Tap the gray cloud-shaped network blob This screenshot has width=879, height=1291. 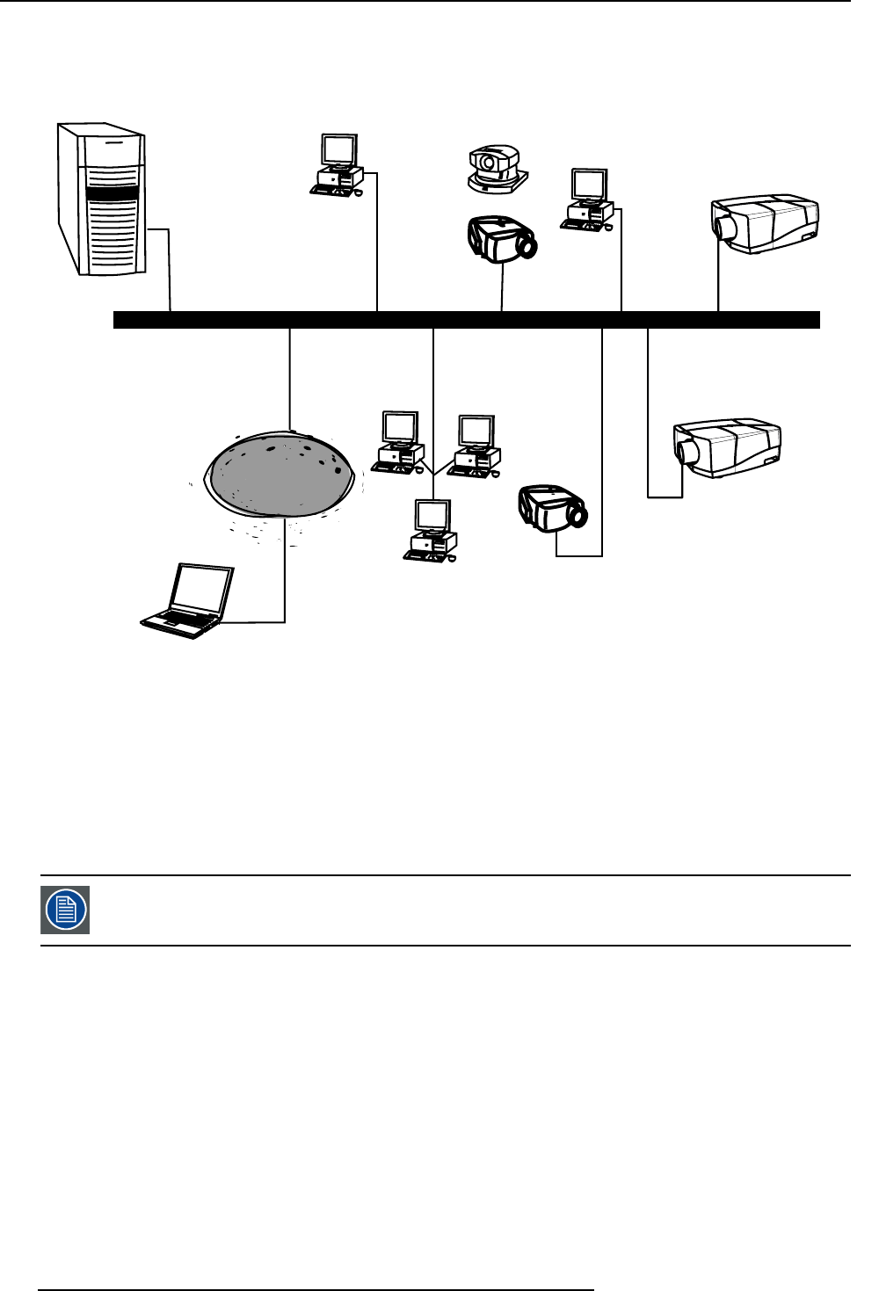pyautogui.click(x=280, y=474)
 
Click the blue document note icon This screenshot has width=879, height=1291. pyautogui.click(x=65, y=910)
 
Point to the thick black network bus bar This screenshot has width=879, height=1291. pyautogui.click(x=466, y=320)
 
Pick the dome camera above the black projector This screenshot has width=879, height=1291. pyautogui.click(x=496, y=169)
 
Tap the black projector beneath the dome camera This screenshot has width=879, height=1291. pyautogui.click(x=501, y=238)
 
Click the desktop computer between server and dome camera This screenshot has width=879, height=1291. pyautogui.click(x=338, y=165)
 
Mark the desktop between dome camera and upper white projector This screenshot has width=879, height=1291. pyautogui.click(x=587, y=200)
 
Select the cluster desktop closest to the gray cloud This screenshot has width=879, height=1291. pyautogui.click(x=398, y=442)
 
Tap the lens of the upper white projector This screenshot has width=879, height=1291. pyautogui.click(x=727, y=227)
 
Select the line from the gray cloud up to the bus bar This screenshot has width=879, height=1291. pyautogui.click(x=289, y=378)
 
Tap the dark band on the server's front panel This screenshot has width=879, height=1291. pyautogui.click(x=112, y=193)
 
